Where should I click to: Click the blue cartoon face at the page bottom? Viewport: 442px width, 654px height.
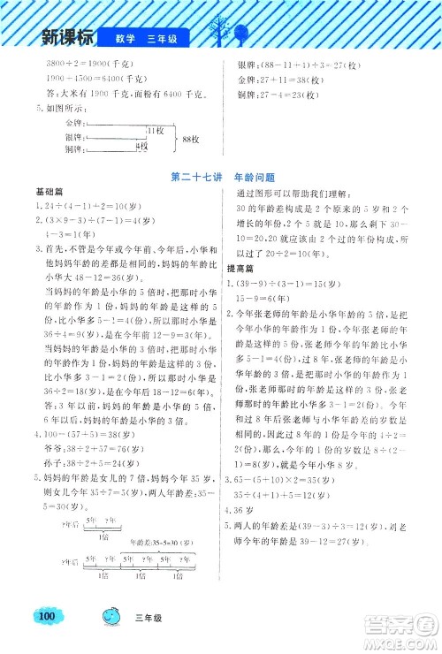[x=116, y=615]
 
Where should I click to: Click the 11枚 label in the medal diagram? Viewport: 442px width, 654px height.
[x=156, y=130]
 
